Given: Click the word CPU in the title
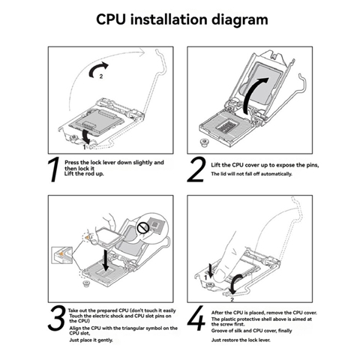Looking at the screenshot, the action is point(110,19).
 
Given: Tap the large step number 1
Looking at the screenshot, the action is point(53,169).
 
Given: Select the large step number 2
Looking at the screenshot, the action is point(196,169).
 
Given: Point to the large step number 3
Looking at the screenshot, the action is point(57,317).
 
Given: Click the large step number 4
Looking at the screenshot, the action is point(196,318).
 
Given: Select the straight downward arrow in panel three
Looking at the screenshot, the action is point(106,260).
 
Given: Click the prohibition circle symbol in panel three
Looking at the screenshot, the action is point(143,228).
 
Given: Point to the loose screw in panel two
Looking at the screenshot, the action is point(204,143).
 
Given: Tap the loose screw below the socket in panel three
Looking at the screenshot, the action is point(86,284).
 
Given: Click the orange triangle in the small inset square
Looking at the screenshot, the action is point(61,253).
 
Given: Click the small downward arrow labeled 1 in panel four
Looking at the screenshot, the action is point(211,271).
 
